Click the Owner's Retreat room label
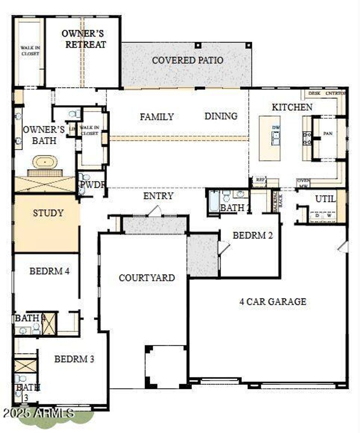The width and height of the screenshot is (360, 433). [x=83, y=39]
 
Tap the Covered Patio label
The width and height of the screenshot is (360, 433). [x=187, y=60]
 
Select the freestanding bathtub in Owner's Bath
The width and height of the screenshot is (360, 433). [x=45, y=162]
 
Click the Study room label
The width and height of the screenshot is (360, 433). [x=48, y=213]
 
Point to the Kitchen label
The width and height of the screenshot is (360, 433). [x=292, y=107]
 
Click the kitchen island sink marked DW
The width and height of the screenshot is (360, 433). [x=276, y=136]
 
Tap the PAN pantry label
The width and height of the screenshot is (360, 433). [x=328, y=134]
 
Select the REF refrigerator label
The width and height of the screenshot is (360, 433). [x=260, y=180]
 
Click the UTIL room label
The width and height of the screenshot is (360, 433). [x=325, y=199]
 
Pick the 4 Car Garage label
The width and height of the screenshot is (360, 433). [x=272, y=302]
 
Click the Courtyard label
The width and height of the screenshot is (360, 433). [x=147, y=278]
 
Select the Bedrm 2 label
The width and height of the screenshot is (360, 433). [x=252, y=235]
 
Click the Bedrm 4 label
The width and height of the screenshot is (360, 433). [x=49, y=271]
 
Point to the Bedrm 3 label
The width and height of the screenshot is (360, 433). [x=74, y=359]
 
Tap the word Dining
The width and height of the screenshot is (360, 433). [x=221, y=116]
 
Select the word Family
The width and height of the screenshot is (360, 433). [x=156, y=117]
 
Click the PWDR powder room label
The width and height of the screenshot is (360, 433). [x=92, y=185]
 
